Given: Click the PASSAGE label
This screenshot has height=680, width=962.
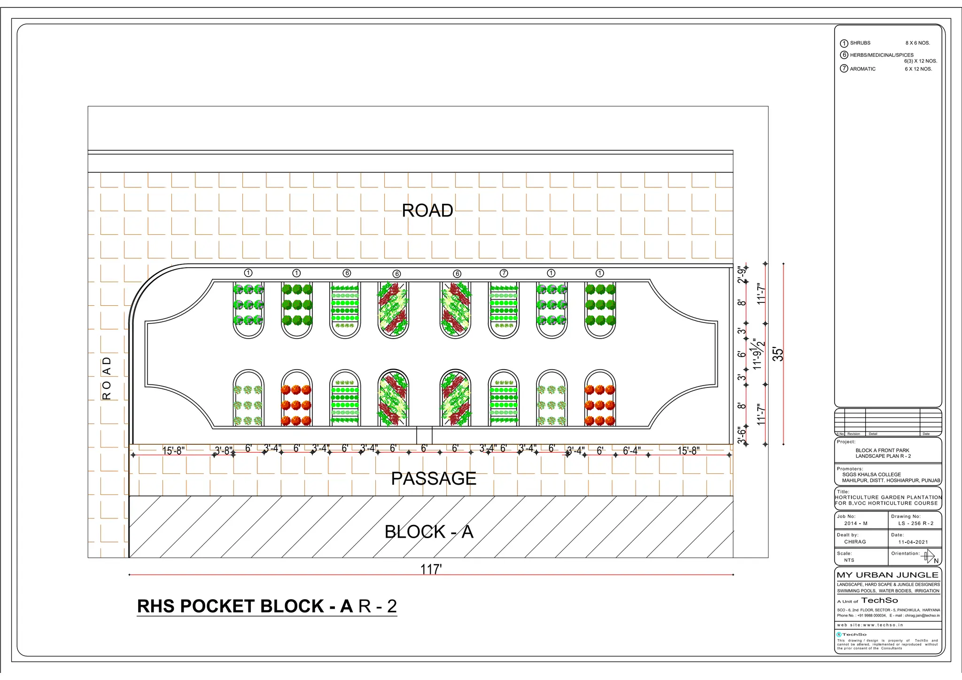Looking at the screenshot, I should click(x=434, y=479).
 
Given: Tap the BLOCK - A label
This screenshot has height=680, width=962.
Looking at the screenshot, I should click(x=428, y=532).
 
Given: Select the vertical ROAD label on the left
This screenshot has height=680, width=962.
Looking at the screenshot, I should click(x=107, y=378).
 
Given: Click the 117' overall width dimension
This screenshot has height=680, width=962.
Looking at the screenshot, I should click(x=431, y=569).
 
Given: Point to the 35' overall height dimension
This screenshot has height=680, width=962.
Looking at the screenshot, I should click(x=778, y=354).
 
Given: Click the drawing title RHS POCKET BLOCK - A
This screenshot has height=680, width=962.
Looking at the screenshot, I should click(x=267, y=606).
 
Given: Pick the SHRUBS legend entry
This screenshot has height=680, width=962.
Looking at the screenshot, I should click(x=860, y=43).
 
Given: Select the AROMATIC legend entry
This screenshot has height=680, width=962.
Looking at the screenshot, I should click(x=862, y=69).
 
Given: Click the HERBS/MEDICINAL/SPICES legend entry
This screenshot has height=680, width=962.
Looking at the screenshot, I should click(x=881, y=55).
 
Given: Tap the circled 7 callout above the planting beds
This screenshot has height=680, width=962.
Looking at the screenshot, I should click(x=504, y=273).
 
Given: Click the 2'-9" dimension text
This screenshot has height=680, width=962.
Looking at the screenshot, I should click(x=742, y=275).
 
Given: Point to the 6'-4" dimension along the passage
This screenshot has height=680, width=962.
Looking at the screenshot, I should click(x=631, y=451).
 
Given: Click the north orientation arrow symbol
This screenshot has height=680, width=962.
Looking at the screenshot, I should click(x=929, y=556).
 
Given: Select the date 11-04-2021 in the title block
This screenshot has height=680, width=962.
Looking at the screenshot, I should click(x=913, y=542).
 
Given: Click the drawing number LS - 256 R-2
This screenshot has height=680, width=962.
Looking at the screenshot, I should click(x=915, y=524).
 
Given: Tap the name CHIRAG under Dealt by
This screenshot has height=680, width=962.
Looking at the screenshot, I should click(x=855, y=542).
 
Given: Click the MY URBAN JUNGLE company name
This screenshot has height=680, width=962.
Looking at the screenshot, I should click(x=887, y=575).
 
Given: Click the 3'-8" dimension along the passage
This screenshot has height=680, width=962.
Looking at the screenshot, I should click(x=223, y=451).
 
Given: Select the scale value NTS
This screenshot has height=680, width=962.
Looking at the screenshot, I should click(x=849, y=560).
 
